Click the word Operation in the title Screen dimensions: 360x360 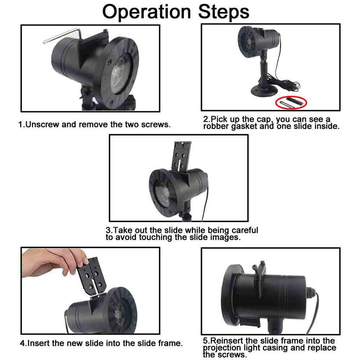tap(146, 12)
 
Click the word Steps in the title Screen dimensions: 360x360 tap(224, 12)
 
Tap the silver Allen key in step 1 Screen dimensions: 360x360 tap(62, 35)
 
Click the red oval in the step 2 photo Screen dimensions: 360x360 tap(291, 102)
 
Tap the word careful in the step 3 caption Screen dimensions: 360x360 tap(245, 230)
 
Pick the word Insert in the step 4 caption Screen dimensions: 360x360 tap(39, 343)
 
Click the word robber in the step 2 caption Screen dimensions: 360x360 tap(216, 126)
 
